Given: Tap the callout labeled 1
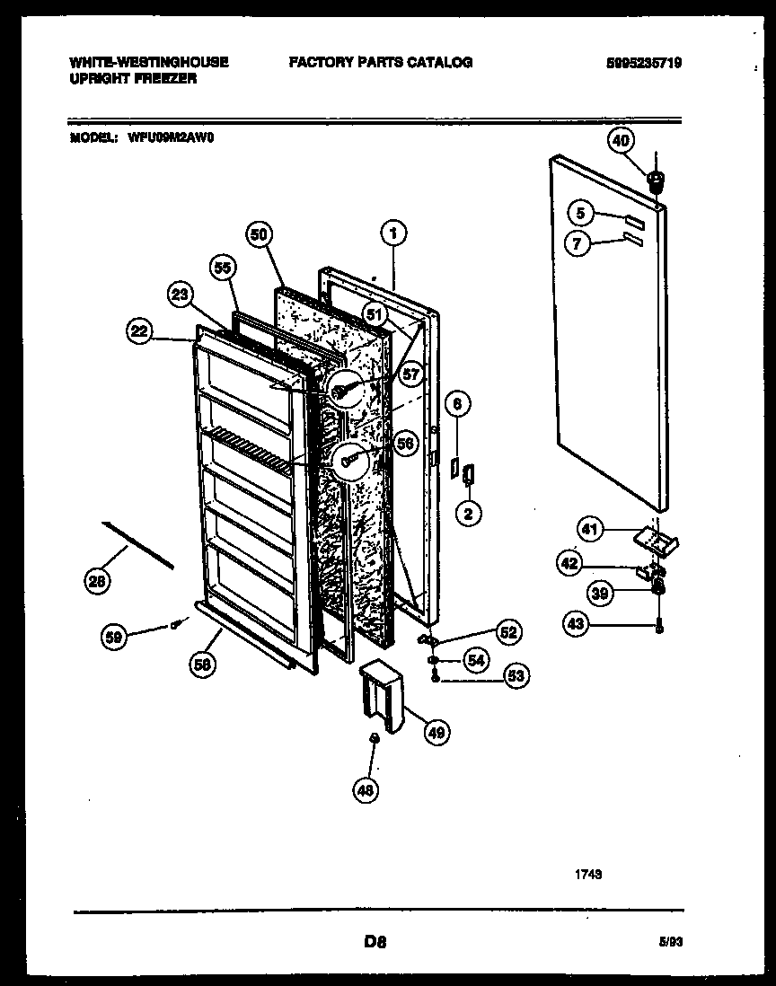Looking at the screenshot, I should [392, 233].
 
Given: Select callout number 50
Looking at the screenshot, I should [258, 233].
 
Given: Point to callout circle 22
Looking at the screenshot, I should [137, 331].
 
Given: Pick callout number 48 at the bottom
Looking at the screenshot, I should [366, 789].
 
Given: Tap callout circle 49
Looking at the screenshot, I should [436, 733].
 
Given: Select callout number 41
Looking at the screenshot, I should [589, 531].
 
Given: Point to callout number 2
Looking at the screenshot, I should [468, 514].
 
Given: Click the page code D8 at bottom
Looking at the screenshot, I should [375, 942].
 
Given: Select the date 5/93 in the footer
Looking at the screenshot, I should [670, 943].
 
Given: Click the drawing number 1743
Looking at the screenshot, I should [588, 871].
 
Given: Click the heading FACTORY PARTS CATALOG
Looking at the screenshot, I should [380, 62].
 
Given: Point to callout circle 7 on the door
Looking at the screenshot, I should [579, 242].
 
